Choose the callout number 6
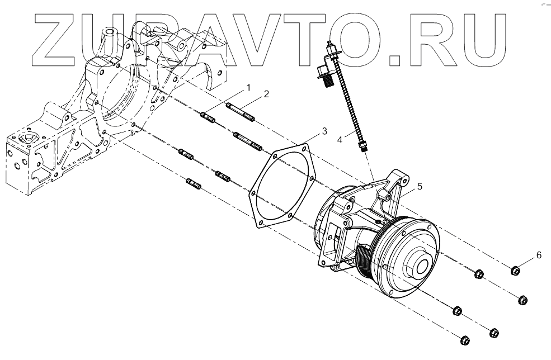click(539, 255)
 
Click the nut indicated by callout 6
click(516, 271)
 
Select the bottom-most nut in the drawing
click(464, 339)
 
